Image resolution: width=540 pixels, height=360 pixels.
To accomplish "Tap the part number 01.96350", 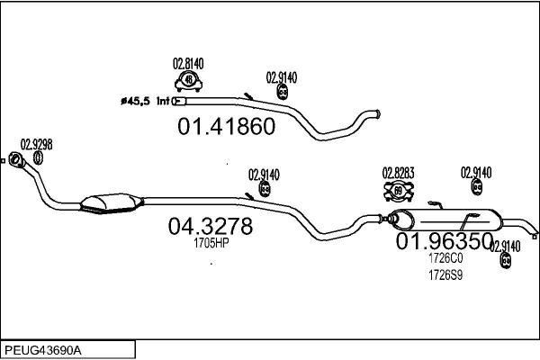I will pos(445,241).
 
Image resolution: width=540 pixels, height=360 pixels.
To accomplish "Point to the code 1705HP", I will pos(211,243).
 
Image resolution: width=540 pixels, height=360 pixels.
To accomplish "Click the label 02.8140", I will pos(188,63).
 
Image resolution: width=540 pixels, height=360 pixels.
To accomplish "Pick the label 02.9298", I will pos(36,144).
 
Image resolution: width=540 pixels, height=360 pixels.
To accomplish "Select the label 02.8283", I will pos(397,172).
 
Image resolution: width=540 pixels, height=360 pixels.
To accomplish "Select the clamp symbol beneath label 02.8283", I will pos(398,190).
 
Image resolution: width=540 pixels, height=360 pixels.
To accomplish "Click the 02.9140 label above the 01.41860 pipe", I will pos(282,76).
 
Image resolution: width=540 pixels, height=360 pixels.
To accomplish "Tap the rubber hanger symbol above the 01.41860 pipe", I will pos(282,92).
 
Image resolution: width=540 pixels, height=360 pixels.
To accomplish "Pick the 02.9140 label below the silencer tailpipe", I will pos(505,246).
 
